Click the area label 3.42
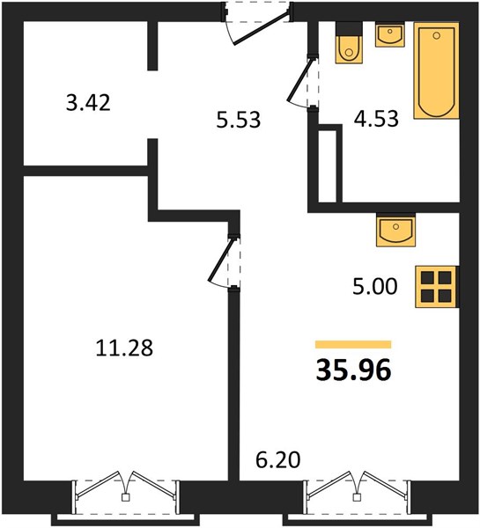[x=88, y=103]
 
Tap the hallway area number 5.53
[x=239, y=120]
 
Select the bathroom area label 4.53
[x=376, y=118]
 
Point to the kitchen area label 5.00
[x=375, y=287]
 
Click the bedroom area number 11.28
[x=124, y=348]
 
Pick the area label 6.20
[x=278, y=460]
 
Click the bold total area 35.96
[x=353, y=370]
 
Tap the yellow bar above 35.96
[x=353, y=344]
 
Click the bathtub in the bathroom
[x=437, y=70]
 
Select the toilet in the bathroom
[x=349, y=43]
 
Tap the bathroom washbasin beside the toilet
[x=390, y=34]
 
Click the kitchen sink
[x=396, y=231]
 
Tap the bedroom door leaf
[x=221, y=260]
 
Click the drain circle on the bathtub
[x=437, y=35]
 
